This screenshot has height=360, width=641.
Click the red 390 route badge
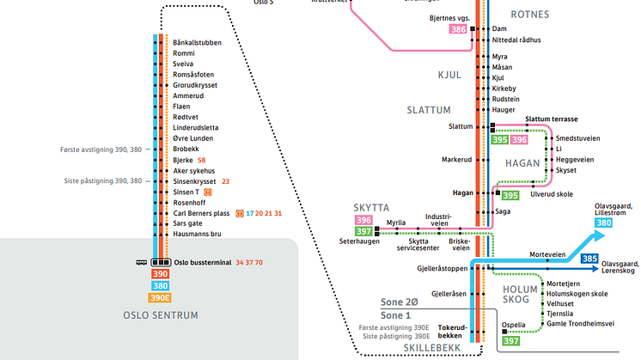pos(161,274)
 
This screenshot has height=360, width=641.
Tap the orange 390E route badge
pos(161,298)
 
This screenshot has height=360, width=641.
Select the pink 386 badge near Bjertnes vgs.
pos(458,29)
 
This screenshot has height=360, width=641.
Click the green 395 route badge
pos(499,139)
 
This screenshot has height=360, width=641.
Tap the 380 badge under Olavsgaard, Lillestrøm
pos(604,223)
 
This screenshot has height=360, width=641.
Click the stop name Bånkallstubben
pos(197,42)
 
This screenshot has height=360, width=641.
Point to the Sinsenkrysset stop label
pos(195,181)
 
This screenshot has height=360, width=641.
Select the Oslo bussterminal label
pos(202,262)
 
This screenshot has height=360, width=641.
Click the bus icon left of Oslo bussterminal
pos(140,262)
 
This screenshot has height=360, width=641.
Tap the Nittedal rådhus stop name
pos(516,40)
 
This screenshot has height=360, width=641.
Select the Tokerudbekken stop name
pos(452,332)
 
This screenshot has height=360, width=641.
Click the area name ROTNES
pos(530,15)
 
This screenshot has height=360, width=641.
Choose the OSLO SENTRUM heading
pos(162,316)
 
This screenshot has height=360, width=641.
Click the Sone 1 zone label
pos(397,316)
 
